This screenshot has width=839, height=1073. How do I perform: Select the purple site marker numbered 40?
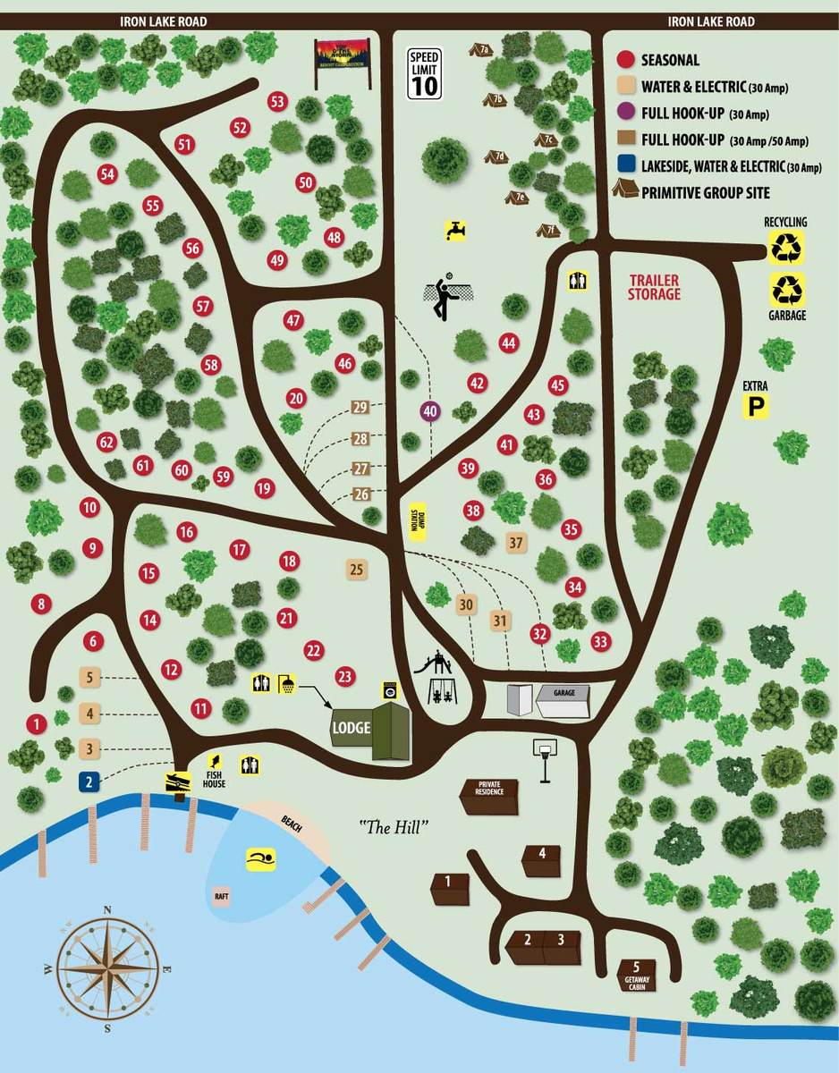click(x=430, y=411)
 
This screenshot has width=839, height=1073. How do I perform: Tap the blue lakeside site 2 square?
click(x=89, y=781)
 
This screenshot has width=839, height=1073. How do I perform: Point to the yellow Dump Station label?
click(x=415, y=521)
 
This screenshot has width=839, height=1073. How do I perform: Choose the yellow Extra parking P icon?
click(x=758, y=408)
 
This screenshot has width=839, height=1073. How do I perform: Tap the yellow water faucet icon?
click(x=456, y=230)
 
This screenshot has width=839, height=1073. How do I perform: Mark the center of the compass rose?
click(x=107, y=968)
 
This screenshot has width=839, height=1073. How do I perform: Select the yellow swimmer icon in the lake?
click(x=261, y=860)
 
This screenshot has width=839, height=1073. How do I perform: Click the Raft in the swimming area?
click(x=221, y=895)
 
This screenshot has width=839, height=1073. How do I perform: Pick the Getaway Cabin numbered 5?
click(x=637, y=973)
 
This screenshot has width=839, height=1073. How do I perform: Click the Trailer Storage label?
click(x=654, y=287)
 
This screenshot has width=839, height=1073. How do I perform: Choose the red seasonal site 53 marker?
click(x=277, y=102)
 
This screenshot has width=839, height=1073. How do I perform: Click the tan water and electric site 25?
click(x=356, y=569)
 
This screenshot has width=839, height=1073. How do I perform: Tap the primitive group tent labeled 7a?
click(x=482, y=50)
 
